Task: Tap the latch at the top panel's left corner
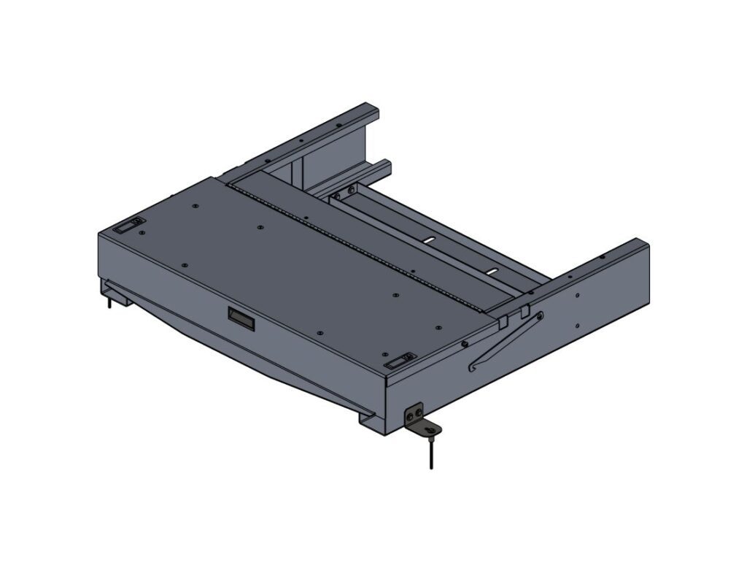(129, 226)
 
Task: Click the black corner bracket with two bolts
(415, 415)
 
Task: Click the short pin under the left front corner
(109, 300)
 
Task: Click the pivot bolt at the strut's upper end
(539, 315)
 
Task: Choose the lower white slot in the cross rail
(492, 271)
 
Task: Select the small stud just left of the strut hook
(464, 343)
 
